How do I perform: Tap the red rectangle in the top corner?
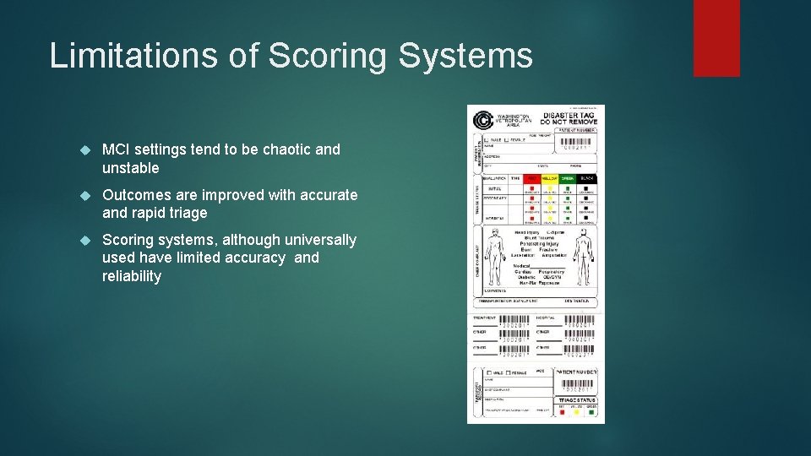716,38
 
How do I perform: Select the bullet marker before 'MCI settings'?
84,150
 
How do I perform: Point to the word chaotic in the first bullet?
286,149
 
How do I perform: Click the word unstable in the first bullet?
130,168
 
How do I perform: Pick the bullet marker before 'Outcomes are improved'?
84,196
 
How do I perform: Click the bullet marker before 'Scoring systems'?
84,241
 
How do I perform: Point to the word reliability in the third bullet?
131,276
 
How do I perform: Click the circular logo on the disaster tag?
483,121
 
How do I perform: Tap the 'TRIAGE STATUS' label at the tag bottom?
576,399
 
